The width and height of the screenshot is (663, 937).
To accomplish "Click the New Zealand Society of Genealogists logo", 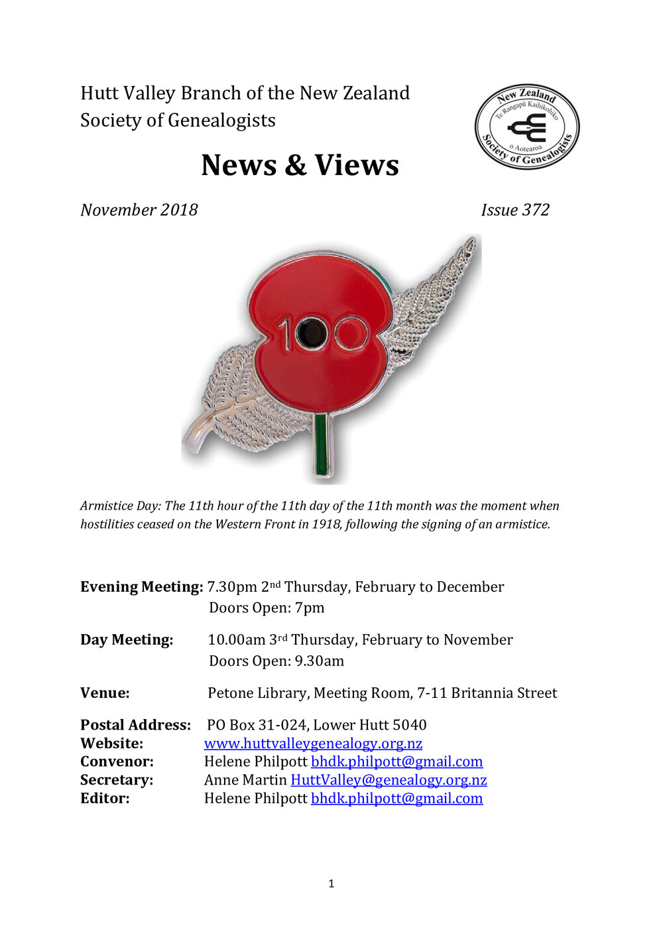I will (527, 126).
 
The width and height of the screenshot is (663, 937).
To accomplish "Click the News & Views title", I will (300, 165).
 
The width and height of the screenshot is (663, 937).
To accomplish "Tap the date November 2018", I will (139, 210).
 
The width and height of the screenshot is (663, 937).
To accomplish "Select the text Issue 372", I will (515, 210).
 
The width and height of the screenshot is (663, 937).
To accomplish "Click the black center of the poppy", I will (310, 333).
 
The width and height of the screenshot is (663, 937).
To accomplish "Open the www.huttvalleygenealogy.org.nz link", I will (313, 744).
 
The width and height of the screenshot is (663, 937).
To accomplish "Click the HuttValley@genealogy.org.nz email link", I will (389, 780).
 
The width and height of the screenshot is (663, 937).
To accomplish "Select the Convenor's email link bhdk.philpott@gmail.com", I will (396, 762).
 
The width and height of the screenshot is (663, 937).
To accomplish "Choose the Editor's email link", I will (396, 799).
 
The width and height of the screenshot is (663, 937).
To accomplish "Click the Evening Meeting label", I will (141, 587).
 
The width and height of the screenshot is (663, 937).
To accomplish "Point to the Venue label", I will (105, 693).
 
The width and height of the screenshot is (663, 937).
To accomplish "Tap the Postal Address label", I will (135, 725).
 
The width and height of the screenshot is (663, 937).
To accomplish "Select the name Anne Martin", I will (245, 780).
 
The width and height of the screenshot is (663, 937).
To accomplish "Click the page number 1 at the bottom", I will (331, 883).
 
